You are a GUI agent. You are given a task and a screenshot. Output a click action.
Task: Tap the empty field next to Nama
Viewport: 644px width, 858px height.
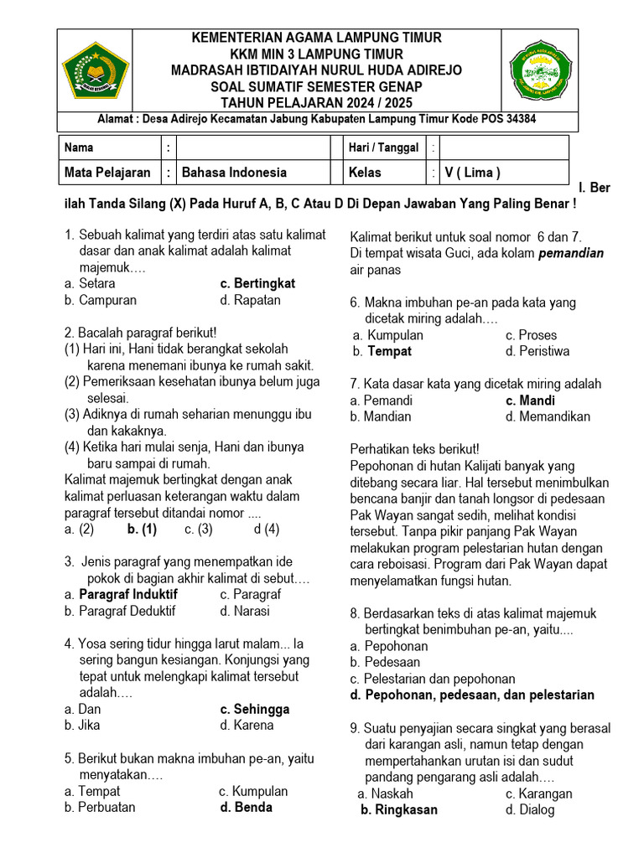click(x=253, y=147)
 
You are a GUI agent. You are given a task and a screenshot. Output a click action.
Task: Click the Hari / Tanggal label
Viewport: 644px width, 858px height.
click(x=383, y=147)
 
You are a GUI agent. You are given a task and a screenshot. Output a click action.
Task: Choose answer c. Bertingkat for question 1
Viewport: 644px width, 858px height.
click(x=257, y=283)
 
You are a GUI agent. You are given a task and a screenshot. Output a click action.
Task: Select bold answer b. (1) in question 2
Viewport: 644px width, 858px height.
click(x=142, y=529)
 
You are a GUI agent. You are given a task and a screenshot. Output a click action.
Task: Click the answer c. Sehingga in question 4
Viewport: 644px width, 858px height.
click(x=255, y=709)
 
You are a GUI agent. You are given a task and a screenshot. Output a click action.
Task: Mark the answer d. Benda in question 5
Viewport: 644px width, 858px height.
click(x=246, y=808)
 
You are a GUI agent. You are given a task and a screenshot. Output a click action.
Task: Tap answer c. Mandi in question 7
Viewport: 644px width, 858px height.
click(x=530, y=401)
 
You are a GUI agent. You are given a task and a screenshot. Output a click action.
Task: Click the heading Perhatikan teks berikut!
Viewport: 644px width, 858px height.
click(x=414, y=449)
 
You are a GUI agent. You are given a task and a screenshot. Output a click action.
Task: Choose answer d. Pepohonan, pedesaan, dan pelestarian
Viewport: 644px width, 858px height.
click(x=472, y=695)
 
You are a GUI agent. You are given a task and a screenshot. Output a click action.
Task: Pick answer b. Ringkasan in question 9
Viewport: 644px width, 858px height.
click(x=398, y=809)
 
